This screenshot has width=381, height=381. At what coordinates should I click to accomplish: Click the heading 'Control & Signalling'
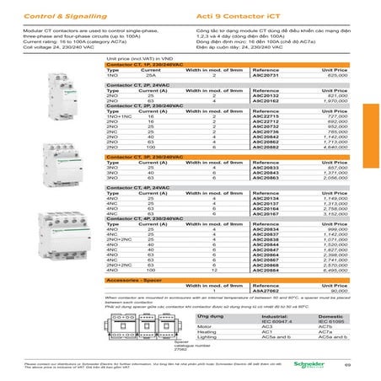(x=41, y=15)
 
